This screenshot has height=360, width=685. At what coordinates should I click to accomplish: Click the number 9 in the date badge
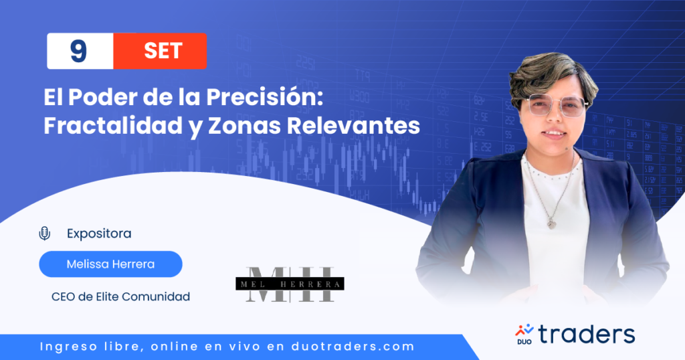79,51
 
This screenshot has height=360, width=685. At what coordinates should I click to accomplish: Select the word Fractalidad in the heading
113,125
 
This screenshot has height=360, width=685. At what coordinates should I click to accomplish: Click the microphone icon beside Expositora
45,234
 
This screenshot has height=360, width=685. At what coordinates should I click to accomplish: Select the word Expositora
99,234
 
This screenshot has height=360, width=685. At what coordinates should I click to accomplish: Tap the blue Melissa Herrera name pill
110,264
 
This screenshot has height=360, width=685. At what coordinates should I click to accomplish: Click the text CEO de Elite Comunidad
120,296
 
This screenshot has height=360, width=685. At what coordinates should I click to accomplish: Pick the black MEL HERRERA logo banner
290,284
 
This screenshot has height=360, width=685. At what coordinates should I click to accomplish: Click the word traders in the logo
586,335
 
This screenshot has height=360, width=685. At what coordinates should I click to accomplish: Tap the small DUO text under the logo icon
524,342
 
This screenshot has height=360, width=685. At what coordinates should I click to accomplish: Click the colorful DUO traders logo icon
524,331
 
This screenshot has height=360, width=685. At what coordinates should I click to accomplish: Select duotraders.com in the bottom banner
353,347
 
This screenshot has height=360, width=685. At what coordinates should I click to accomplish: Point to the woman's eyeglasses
556,106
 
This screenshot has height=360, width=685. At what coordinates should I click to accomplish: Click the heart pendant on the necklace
552,224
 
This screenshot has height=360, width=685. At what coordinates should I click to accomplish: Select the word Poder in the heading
103,96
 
